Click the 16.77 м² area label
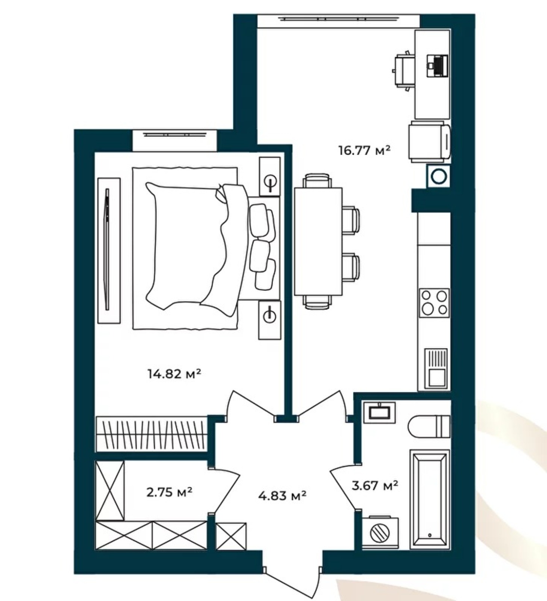pos(364,151)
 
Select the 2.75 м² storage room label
pos(170,492)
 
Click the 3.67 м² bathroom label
pos(375,486)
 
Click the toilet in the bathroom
pos(429,426)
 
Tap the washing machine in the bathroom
pos(380,532)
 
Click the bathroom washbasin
pos(379,412)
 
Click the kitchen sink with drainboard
pos(436,368)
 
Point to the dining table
pos(318,242)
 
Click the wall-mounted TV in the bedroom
pos(108,250)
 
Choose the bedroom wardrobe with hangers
pos(151,434)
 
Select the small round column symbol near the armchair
pos(438,176)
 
